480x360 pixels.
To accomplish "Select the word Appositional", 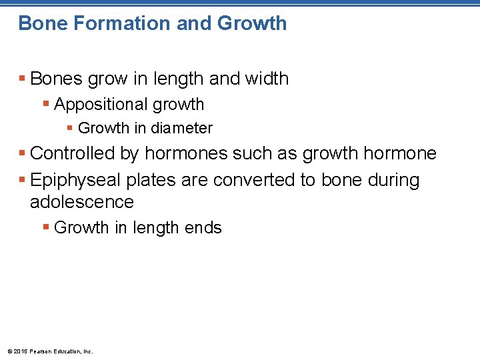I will [x=101, y=105].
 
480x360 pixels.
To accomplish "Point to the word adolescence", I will [x=82, y=202].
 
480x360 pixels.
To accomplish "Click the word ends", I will [x=203, y=228].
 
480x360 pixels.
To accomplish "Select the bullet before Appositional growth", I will [x=46, y=105].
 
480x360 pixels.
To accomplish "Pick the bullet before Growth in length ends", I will [x=46, y=228].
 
